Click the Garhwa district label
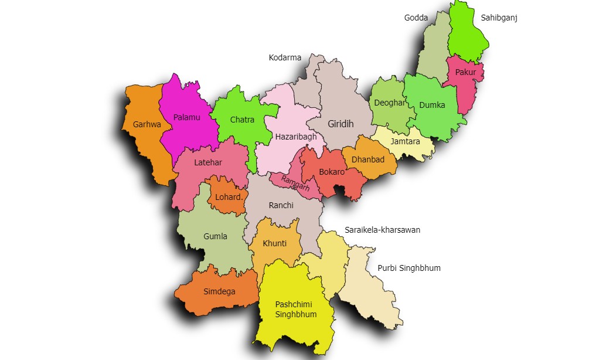[x=147, y=124]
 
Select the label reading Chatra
[x=242, y=120]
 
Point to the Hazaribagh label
[x=296, y=137]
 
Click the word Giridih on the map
[x=341, y=124]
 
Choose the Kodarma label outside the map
[x=285, y=57]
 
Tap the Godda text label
[x=416, y=18]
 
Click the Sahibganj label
[x=499, y=18]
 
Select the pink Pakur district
[x=465, y=76]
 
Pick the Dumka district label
[x=432, y=106]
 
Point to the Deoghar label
[x=389, y=103]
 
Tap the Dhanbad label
[x=367, y=159]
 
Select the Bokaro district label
[x=332, y=172]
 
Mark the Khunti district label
[x=274, y=243]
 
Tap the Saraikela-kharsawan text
[x=382, y=230]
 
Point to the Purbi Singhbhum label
[x=408, y=268]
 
